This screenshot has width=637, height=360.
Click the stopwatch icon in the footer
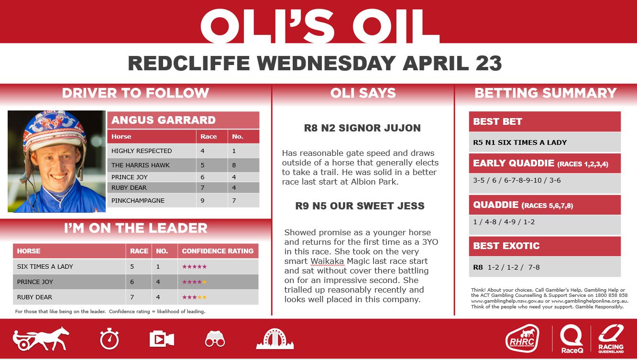click(110, 339)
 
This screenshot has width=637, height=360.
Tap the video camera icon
click(162, 339)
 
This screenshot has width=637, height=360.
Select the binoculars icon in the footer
click(215, 339)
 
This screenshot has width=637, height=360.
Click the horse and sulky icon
click(41, 338)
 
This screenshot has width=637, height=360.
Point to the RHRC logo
click(522, 338)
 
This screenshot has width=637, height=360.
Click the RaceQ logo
click(572, 338)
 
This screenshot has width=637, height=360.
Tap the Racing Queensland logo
click(611, 338)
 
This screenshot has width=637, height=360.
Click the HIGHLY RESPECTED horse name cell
click(142, 151)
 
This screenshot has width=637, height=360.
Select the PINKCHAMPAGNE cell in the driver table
click(138, 200)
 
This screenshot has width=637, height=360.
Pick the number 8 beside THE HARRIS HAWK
click(234, 165)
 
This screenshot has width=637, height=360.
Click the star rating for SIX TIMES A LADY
click(195, 266)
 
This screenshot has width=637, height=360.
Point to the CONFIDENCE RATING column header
click(218, 251)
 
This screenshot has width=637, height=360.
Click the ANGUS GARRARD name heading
click(164, 120)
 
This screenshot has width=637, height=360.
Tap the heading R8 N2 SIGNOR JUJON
click(362, 128)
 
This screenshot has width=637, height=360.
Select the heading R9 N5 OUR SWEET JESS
click(360, 206)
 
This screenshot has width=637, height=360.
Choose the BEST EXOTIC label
click(506, 246)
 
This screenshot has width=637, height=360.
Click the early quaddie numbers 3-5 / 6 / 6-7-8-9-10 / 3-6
click(516, 180)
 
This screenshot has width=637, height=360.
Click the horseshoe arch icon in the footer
click(275, 338)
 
